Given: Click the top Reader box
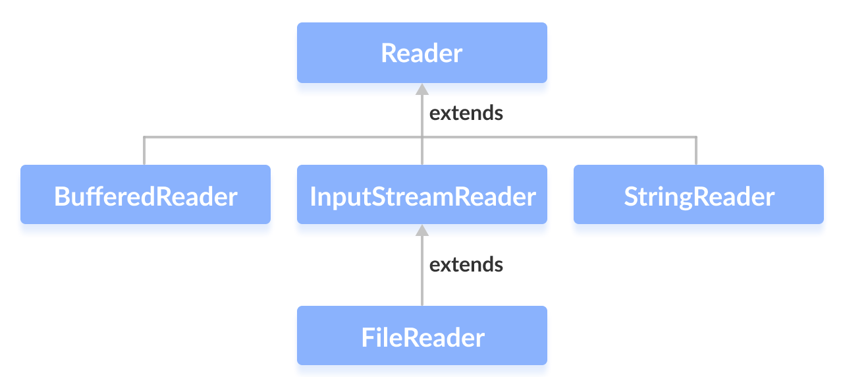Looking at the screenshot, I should tap(421, 53).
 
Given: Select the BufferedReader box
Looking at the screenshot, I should tap(146, 195).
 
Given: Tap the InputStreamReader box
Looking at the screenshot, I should tap(421, 195).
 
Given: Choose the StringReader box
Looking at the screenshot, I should tap(698, 195).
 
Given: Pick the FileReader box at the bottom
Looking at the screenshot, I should tap(421, 336).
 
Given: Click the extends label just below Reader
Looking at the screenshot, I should tap(466, 113).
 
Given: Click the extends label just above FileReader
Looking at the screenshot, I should tap(466, 265).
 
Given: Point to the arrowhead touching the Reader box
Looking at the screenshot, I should tap(422, 88).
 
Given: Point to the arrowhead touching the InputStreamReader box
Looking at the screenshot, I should tap(422, 229).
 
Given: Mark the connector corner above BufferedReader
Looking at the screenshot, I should tap(144, 137).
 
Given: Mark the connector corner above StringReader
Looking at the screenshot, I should tap(695, 137).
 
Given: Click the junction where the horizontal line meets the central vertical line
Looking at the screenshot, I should tap(422, 137).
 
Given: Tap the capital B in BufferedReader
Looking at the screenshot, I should tap(61, 196).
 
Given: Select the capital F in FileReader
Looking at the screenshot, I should tap(368, 338).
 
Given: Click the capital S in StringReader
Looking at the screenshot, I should tap(631, 196).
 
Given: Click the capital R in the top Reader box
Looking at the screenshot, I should tap(389, 53).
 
